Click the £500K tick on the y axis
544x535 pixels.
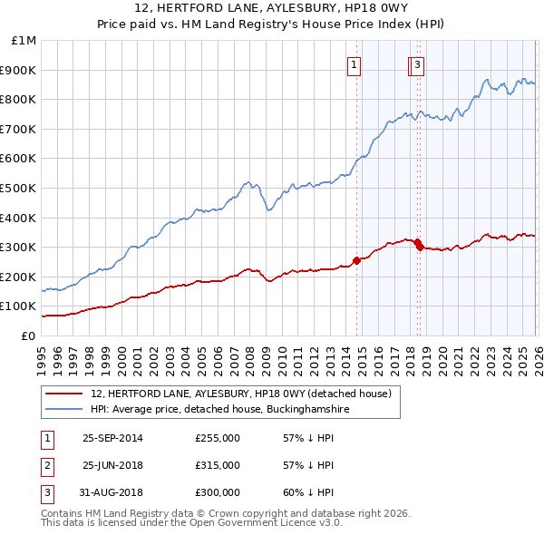20,188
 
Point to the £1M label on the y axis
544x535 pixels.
24,40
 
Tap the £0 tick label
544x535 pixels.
29,336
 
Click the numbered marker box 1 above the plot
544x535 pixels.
354,64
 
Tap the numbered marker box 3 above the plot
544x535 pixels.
417,64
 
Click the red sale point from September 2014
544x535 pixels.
356,260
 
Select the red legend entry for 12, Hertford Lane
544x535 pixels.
240,394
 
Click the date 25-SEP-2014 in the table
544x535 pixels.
112,438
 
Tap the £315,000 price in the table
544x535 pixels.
218,465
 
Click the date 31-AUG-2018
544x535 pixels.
112,492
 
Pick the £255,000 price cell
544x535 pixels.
218,438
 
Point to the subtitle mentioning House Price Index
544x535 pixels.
272,24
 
